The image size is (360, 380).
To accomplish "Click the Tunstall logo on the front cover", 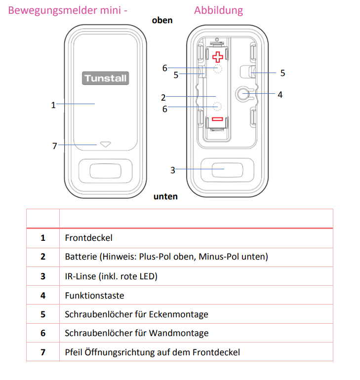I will [105, 78].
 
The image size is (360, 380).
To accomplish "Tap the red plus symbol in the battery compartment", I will [218, 57].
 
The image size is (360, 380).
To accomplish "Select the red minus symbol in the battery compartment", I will [218, 119].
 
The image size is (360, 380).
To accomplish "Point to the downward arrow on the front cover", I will [105, 145].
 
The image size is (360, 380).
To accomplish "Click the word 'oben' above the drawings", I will [162, 20].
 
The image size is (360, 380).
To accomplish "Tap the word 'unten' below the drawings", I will [165, 196].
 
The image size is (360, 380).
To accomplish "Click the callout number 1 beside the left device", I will [53, 105].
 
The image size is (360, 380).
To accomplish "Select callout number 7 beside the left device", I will [55, 146].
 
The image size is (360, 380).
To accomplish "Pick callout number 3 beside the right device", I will [173, 170].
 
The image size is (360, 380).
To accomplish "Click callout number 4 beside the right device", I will [280, 94].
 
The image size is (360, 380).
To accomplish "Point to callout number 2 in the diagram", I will [163, 98].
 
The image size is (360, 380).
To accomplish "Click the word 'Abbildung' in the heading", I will [218, 10].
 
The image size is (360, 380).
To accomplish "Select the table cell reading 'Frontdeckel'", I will [89, 238].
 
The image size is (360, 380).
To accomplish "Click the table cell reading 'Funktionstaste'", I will [94, 295].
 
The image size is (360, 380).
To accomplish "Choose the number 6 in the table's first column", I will [43, 333].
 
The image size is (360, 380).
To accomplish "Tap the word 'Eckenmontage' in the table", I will [180, 314].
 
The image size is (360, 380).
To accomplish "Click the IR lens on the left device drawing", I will [105, 170].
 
